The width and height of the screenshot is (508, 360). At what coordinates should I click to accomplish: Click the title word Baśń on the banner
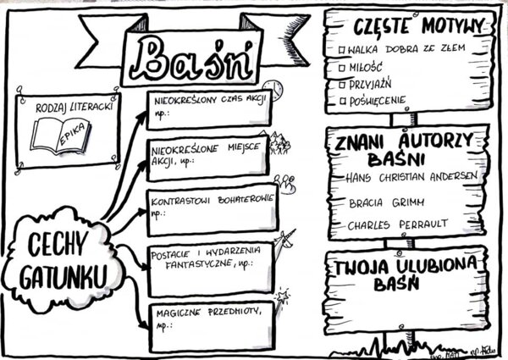194,57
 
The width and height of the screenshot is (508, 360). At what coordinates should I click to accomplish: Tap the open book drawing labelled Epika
60,136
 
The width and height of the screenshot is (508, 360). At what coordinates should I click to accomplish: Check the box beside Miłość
341,67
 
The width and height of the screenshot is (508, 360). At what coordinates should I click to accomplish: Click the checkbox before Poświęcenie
341,101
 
